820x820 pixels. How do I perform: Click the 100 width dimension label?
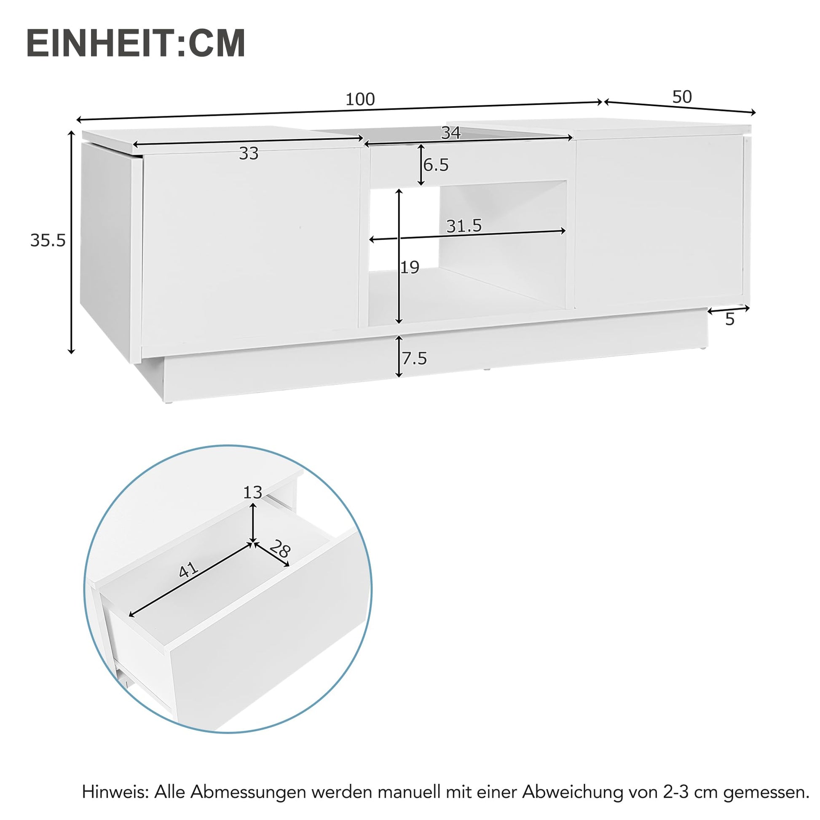(360, 99)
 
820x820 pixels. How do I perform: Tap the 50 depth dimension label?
(682, 97)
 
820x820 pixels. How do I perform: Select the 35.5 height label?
(48, 241)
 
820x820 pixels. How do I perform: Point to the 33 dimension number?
(249, 154)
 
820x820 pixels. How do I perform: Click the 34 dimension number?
(451, 133)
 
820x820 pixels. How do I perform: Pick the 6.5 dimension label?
(436, 165)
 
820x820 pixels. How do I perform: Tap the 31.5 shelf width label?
(464, 226)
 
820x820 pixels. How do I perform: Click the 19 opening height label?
(410, 268)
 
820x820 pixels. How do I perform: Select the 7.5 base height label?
(415, 359)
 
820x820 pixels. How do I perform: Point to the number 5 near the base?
(729, 319)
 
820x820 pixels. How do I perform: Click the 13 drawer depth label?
(252, 492)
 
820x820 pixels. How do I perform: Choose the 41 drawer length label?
(188, 570)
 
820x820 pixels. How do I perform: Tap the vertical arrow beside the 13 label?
(253, 523)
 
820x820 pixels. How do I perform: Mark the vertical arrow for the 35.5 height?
(71, 242)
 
